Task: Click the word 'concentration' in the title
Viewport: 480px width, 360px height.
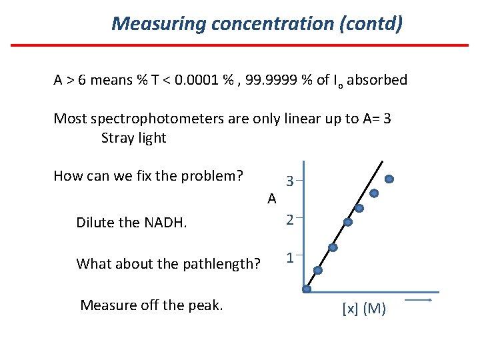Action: pyautogui.click(x=273, y=24)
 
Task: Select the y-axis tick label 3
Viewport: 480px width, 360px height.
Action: pyautogui.click(x=290, y=181)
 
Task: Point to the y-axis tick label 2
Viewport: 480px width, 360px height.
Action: pyautogui.click(x=290, y=220)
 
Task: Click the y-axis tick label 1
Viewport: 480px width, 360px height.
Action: pyautogui.click(x=290, y=257)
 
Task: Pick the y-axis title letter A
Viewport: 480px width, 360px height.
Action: pyautogui.click(x=271, y=199)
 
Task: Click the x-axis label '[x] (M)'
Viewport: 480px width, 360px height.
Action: pyautogui.click(x=364, y=309)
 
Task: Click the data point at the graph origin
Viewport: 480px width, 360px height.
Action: pyautogui.click(x=307, y=289)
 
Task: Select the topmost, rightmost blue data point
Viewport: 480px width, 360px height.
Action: pyautogui.click(x=389, y=179)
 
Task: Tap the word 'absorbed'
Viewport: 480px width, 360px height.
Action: pyautogui.click(x=377, y=81)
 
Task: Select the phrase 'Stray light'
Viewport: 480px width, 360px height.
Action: pyautogui.click(x=133, y=138)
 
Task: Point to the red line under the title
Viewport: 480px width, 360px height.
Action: pyautogui.click(x=240, y=45)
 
